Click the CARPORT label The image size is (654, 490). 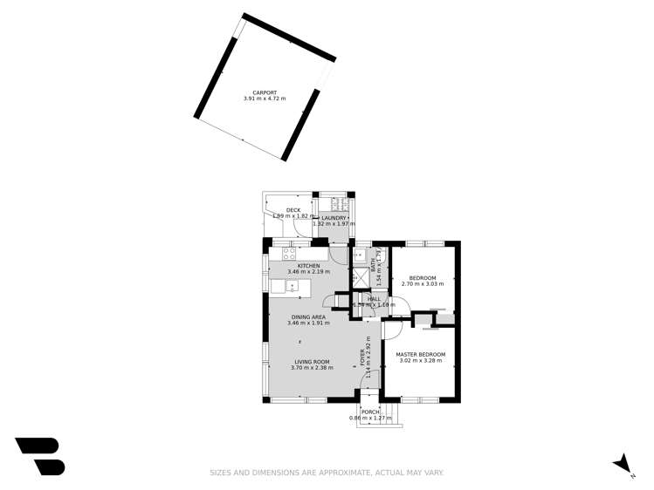[265, 92]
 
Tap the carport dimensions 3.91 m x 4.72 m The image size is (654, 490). [265, 99]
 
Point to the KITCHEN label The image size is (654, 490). [309, 266]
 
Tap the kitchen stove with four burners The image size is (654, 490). [289, 255]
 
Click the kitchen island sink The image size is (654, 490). [280, 286]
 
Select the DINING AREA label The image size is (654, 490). [308, 317]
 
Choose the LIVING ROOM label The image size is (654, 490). [312, 362]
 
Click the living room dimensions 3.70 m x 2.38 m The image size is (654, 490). [312, 368]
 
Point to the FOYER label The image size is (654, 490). [363, 357]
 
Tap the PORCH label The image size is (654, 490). [371, 412]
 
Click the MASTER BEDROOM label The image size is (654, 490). [421, 355]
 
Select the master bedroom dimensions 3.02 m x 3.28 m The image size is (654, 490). [421, 361]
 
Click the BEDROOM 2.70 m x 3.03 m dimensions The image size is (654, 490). [423, 284]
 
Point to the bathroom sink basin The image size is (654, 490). [359, 255]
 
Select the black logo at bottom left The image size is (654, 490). [40, 456]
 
